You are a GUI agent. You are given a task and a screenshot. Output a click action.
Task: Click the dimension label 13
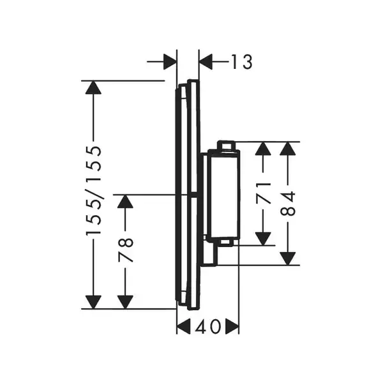tap(241, 62)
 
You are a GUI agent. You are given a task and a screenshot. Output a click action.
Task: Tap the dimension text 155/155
tap(94, 191)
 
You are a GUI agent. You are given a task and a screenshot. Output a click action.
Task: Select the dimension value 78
tap(126, 250)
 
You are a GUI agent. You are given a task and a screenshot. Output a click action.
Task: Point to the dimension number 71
tap(263, 193)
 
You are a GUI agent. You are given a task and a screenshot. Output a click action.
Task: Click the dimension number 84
tap(288, 204)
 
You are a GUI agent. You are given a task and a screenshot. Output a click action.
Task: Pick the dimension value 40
tap(207, 327)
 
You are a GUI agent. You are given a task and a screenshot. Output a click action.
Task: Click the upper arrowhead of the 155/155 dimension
tap(93, 87)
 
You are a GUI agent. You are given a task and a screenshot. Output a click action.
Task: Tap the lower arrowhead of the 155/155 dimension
tap(93, 302)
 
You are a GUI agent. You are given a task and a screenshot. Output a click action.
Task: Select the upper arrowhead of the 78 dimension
tap(125, 202)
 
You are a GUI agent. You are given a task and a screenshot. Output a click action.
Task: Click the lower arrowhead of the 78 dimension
tap(125, 302)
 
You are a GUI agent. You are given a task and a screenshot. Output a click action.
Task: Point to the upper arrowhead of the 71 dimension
tap(263, 149)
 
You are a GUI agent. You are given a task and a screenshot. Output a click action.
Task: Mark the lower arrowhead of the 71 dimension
tap(263, 239)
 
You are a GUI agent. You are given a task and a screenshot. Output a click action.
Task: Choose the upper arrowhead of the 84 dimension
tap(288, 149)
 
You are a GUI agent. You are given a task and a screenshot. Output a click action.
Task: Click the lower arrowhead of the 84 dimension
tap(288, 259)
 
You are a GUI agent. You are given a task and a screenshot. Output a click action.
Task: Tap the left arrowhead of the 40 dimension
tap(183, 326)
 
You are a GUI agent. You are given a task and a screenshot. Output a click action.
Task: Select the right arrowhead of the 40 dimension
tap(232, 326)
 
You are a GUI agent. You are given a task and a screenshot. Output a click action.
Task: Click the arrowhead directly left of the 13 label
tap(206, 61)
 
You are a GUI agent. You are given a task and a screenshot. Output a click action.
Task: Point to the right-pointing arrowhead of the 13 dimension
tap(170, 61)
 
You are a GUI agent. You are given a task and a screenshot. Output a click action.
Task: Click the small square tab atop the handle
tap(226, 146)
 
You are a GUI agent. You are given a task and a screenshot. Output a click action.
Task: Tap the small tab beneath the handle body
tap(226, 243)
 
